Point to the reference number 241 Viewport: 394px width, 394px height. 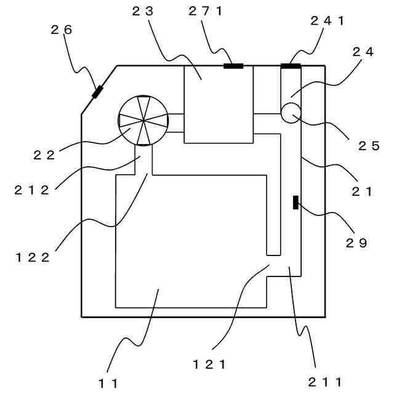click(x=328, y=20)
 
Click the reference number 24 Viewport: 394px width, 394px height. click(x=363, y=52)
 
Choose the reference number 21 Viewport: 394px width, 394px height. click(x=362, y=191)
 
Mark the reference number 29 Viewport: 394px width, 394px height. click(x=356, y=243)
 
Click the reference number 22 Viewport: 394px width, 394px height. click(x=44, y=155)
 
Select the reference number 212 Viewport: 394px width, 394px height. click(x=31, y=190)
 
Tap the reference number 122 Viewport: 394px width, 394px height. click(x=33, y=257)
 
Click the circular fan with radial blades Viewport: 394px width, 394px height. click(x=143, y=121)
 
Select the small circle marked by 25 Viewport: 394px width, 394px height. click(x=289, y=113)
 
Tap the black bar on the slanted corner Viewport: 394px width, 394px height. click(x=97, y=92)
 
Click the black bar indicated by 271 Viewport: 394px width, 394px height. click(x=233, y=66)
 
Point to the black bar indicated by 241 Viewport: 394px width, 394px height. click(x=291, y=66)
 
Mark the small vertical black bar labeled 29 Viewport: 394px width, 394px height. click(x=295, y=202)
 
